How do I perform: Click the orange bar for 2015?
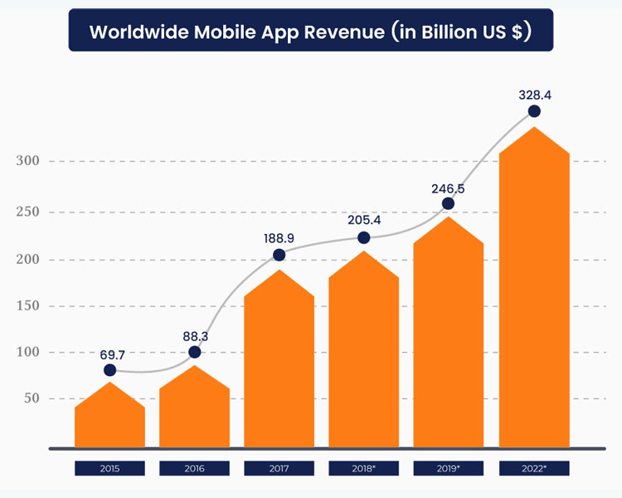(109, 419)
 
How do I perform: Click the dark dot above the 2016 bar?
(195, 352)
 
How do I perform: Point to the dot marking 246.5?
(449, 203)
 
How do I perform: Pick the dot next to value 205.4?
(363, 238)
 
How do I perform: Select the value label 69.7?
(109, 354)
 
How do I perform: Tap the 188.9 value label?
(279, 239)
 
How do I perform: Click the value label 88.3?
(195, 336)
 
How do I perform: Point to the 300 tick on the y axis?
(27, 161)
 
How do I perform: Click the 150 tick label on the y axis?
(27, 306)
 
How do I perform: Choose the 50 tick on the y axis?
(31, 399)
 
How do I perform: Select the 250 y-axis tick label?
(27, 212)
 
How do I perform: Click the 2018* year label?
(363, 469)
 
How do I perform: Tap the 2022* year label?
(534, 469)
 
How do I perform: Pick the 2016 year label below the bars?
(195, 469)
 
